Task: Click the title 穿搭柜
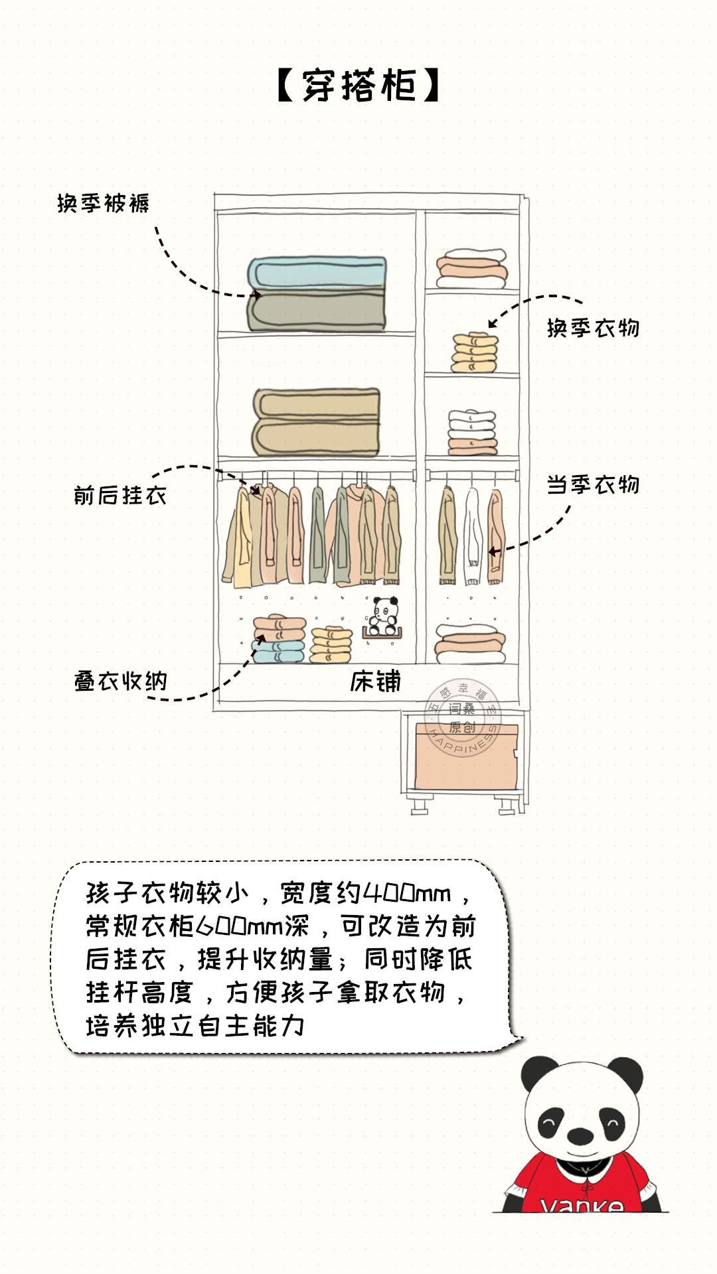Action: (358, 86)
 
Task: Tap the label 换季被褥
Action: (103, 203)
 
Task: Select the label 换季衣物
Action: (593, 328)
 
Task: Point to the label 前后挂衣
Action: (120, 495)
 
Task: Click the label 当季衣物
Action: (593, 485)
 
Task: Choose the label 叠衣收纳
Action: (120, 681)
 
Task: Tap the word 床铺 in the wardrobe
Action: (375, 681)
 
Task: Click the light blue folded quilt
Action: (317, 272)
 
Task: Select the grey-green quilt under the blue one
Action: (317, 310)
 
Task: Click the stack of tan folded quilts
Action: (316, 422)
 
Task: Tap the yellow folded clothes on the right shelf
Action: (474, 352)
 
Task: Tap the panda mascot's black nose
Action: (580, 1135)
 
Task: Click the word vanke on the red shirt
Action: (582, 1205)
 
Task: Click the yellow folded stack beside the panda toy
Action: (331, 644)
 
